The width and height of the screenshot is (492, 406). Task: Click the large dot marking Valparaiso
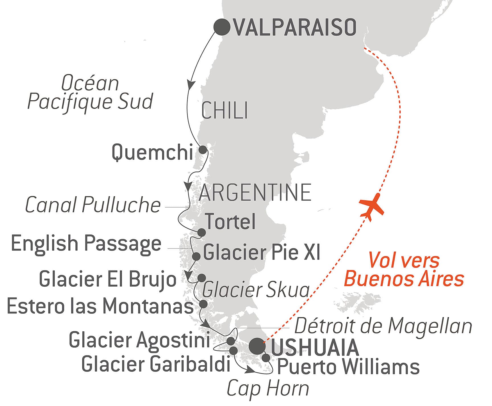(x=222, y=27)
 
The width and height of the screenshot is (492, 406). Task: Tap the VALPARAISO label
(x=295, y=28)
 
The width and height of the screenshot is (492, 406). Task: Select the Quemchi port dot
(x=202, y=150)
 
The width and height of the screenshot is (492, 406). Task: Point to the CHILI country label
(x=224, y=111)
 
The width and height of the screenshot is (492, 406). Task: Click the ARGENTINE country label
(x=255, y=193)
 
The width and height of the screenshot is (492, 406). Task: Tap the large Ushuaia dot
(x=257, y=346)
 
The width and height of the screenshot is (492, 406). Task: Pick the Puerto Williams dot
(x=266, y=358)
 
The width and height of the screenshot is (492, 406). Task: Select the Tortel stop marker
(x=201, y=232)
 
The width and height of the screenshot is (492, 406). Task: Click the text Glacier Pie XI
(x=262, y=252)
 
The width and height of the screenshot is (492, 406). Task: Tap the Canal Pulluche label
(x=93, y=205)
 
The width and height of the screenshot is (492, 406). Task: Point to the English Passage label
(x=86, y=244)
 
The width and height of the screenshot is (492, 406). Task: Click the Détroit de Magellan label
(x=383, y=326)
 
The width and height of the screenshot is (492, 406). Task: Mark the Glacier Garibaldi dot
(x=233, y=351)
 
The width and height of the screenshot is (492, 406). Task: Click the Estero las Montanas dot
(x=203, y=304)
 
